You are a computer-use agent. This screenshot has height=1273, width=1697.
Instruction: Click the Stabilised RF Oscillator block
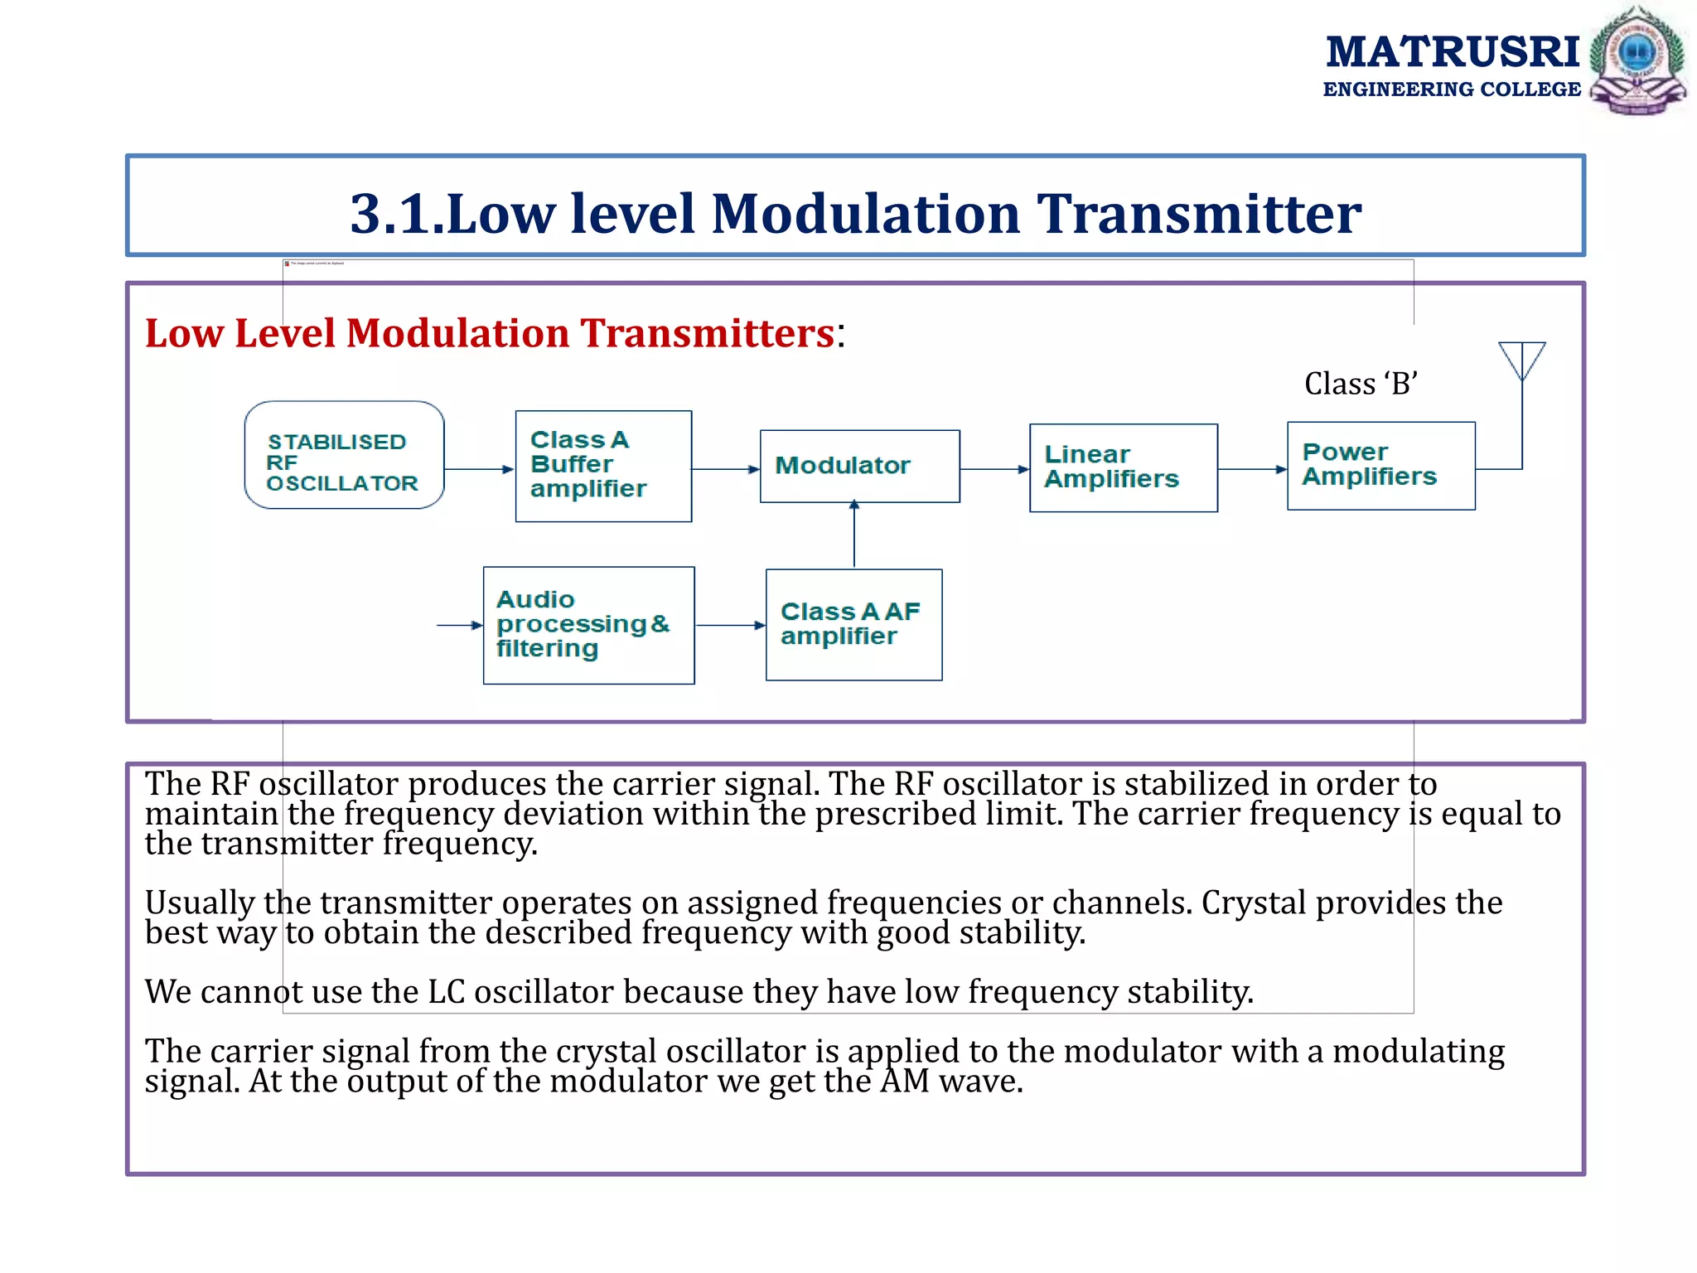coord(344,455)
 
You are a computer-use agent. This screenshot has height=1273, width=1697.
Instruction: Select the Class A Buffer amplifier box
coord(603,466)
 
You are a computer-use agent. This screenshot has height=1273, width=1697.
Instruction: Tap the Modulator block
coord(859,466)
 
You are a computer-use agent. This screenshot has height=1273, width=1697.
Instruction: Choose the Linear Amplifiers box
coord(1123,467)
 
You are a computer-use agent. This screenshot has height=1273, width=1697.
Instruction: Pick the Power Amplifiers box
coord(1380,465)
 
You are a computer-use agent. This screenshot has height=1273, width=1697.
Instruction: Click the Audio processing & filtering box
coord(588,625)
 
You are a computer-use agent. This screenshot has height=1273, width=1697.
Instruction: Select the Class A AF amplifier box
coord(853,624)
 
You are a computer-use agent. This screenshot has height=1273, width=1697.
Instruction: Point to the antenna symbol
coord(1521,361)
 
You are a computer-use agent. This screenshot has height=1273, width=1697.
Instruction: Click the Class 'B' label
coord(1361,384)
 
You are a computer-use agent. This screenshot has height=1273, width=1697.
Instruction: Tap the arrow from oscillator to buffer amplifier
coord(479,469)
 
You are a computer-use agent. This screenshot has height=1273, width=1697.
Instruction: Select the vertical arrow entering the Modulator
coord(853,535)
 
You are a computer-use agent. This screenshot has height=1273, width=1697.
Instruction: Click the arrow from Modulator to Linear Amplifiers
coord(994,469)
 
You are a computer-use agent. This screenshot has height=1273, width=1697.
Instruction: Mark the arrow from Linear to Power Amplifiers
coord(1251,469)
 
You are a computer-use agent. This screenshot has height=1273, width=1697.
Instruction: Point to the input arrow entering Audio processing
coord(459,625)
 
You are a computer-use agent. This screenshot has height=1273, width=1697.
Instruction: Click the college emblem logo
coord(1637,60)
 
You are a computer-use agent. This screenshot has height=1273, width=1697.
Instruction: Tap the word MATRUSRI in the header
coord(1452,51)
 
